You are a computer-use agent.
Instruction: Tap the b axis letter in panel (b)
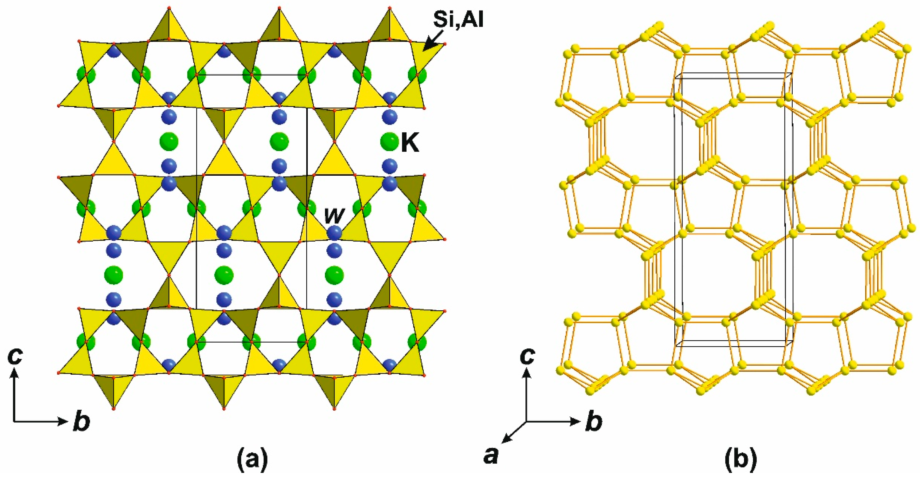click(594, 422)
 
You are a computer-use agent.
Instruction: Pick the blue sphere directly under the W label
click(334, 233)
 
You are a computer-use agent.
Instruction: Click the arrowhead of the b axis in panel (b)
click(576, 422)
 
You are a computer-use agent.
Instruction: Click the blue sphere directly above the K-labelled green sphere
click(389, 117)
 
